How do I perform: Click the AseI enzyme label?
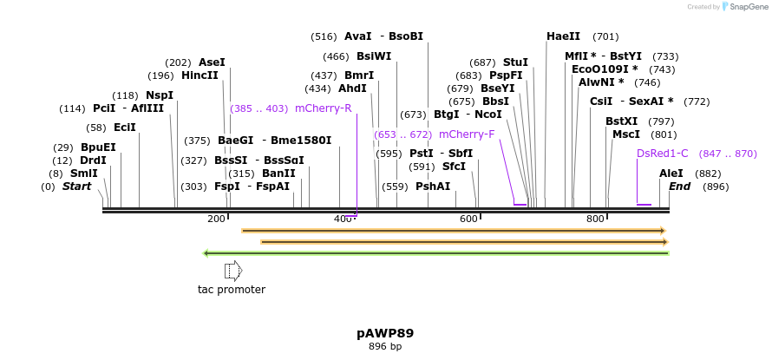tap(212, 62)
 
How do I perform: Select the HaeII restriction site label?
tap(563, 36)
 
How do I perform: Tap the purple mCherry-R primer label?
tap(323, 108)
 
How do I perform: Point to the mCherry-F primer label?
tap(467, 134)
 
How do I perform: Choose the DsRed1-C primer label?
tap(662, 154)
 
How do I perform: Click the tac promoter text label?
tap(232, 290)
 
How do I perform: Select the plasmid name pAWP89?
tap(385, 333)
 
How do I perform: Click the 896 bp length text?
tap(385, 347)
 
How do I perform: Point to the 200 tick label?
tap(216, 219)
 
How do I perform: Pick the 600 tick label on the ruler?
tap(468, 219)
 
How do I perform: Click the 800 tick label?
tap(595, 219)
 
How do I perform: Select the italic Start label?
tap(76, 187)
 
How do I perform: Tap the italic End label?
tap(679, 187)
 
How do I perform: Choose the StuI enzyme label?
tap(515, 62)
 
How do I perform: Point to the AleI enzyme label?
tap(671, 173)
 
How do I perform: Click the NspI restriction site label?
tap(160, 95)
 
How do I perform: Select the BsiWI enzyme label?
tap(374, 56)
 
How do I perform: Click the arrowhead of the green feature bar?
tap(206, 253)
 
